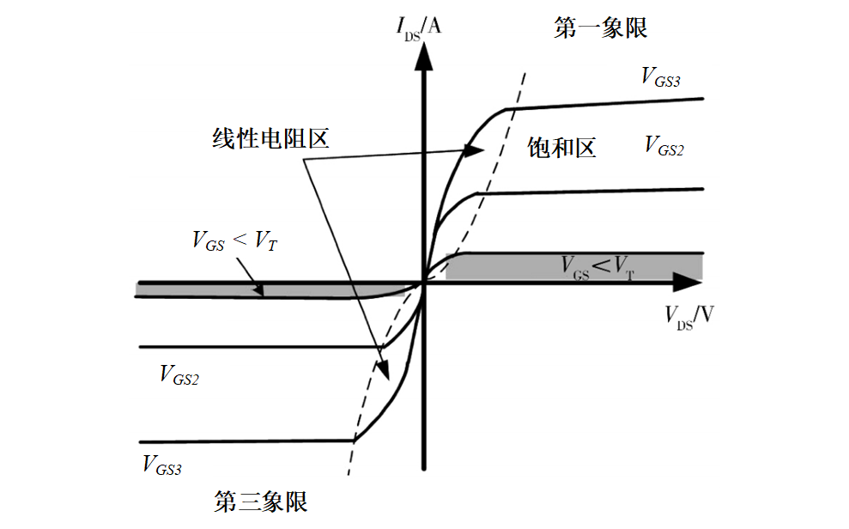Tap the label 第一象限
point(601,28)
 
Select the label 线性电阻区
point(271,138)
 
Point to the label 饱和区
point(561,148)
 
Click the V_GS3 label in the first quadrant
point(661,76)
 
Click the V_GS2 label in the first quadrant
point(664,146)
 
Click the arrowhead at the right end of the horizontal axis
point(687,281)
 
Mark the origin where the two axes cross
point(422,281)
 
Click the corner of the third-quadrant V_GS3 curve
point(353,440)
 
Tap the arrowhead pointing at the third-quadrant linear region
point(385,371)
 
